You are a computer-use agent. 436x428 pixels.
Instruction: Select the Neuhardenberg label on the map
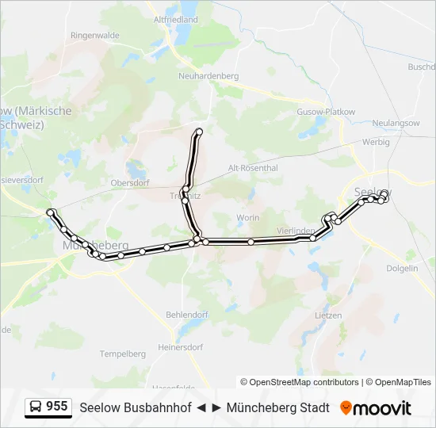click(208, 75)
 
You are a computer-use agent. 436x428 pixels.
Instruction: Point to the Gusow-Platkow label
click(325, 112)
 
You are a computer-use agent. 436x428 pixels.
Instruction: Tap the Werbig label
click(376, 142)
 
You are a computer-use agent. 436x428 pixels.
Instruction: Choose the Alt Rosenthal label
click(253, 168)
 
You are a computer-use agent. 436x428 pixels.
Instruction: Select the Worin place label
click(248, 217)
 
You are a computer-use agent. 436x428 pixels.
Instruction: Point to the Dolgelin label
click(402, 268)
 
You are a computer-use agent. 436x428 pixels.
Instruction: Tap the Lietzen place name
click(328, 315)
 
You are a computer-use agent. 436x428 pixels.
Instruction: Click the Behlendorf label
click(186, 315)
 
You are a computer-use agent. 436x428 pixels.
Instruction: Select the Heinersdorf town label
click(181, 347)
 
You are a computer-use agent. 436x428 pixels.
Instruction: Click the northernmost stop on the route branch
click(199, 131)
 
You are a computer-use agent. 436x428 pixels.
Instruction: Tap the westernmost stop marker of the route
click(51, 212)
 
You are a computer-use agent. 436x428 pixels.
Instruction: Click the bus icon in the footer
click(36, 407)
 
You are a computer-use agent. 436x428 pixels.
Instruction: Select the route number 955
click(56, 407)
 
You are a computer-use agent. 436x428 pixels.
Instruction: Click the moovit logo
click(376, 408)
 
